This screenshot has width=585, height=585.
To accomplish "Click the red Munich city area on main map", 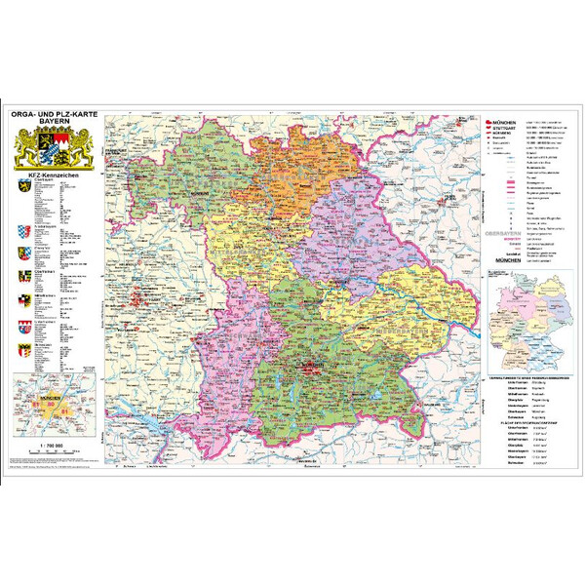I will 311,366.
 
